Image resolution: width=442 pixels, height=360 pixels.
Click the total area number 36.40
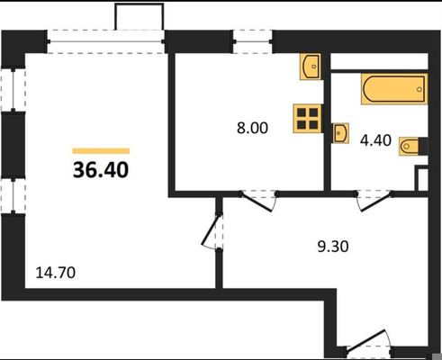(x=101, y=170)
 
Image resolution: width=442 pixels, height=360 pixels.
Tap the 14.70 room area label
(x=56, y=273)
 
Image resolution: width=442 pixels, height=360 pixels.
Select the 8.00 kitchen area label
(x=252, y=128)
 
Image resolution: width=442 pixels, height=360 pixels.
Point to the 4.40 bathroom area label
(x=375, y=140)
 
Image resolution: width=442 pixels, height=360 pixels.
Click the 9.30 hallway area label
(x=333, y=247)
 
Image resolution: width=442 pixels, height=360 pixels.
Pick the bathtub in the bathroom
(x=394, y=89)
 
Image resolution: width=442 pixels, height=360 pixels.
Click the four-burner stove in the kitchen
(x=308, y=119)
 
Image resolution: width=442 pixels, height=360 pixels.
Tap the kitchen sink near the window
(x=311, y=67)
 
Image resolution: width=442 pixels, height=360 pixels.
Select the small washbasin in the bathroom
(x=340, y=133)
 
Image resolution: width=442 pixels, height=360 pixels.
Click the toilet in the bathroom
(x=413, y=146)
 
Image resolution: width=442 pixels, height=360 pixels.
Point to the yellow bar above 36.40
(x=101, y=151)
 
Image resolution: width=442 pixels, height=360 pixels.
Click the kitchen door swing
(x=259, y=201)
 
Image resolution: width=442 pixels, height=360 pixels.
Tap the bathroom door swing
(x=374, y=201)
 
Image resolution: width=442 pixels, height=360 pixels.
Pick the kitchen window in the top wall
(x=253, y=41)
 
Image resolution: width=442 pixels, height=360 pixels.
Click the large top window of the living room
(x=106, y=41)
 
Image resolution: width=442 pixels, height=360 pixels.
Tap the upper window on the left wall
(x=13, y=90)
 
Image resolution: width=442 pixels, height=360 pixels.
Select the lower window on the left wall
(x=13, y=195)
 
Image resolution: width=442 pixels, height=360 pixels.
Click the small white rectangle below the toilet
(x=421, y=178)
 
